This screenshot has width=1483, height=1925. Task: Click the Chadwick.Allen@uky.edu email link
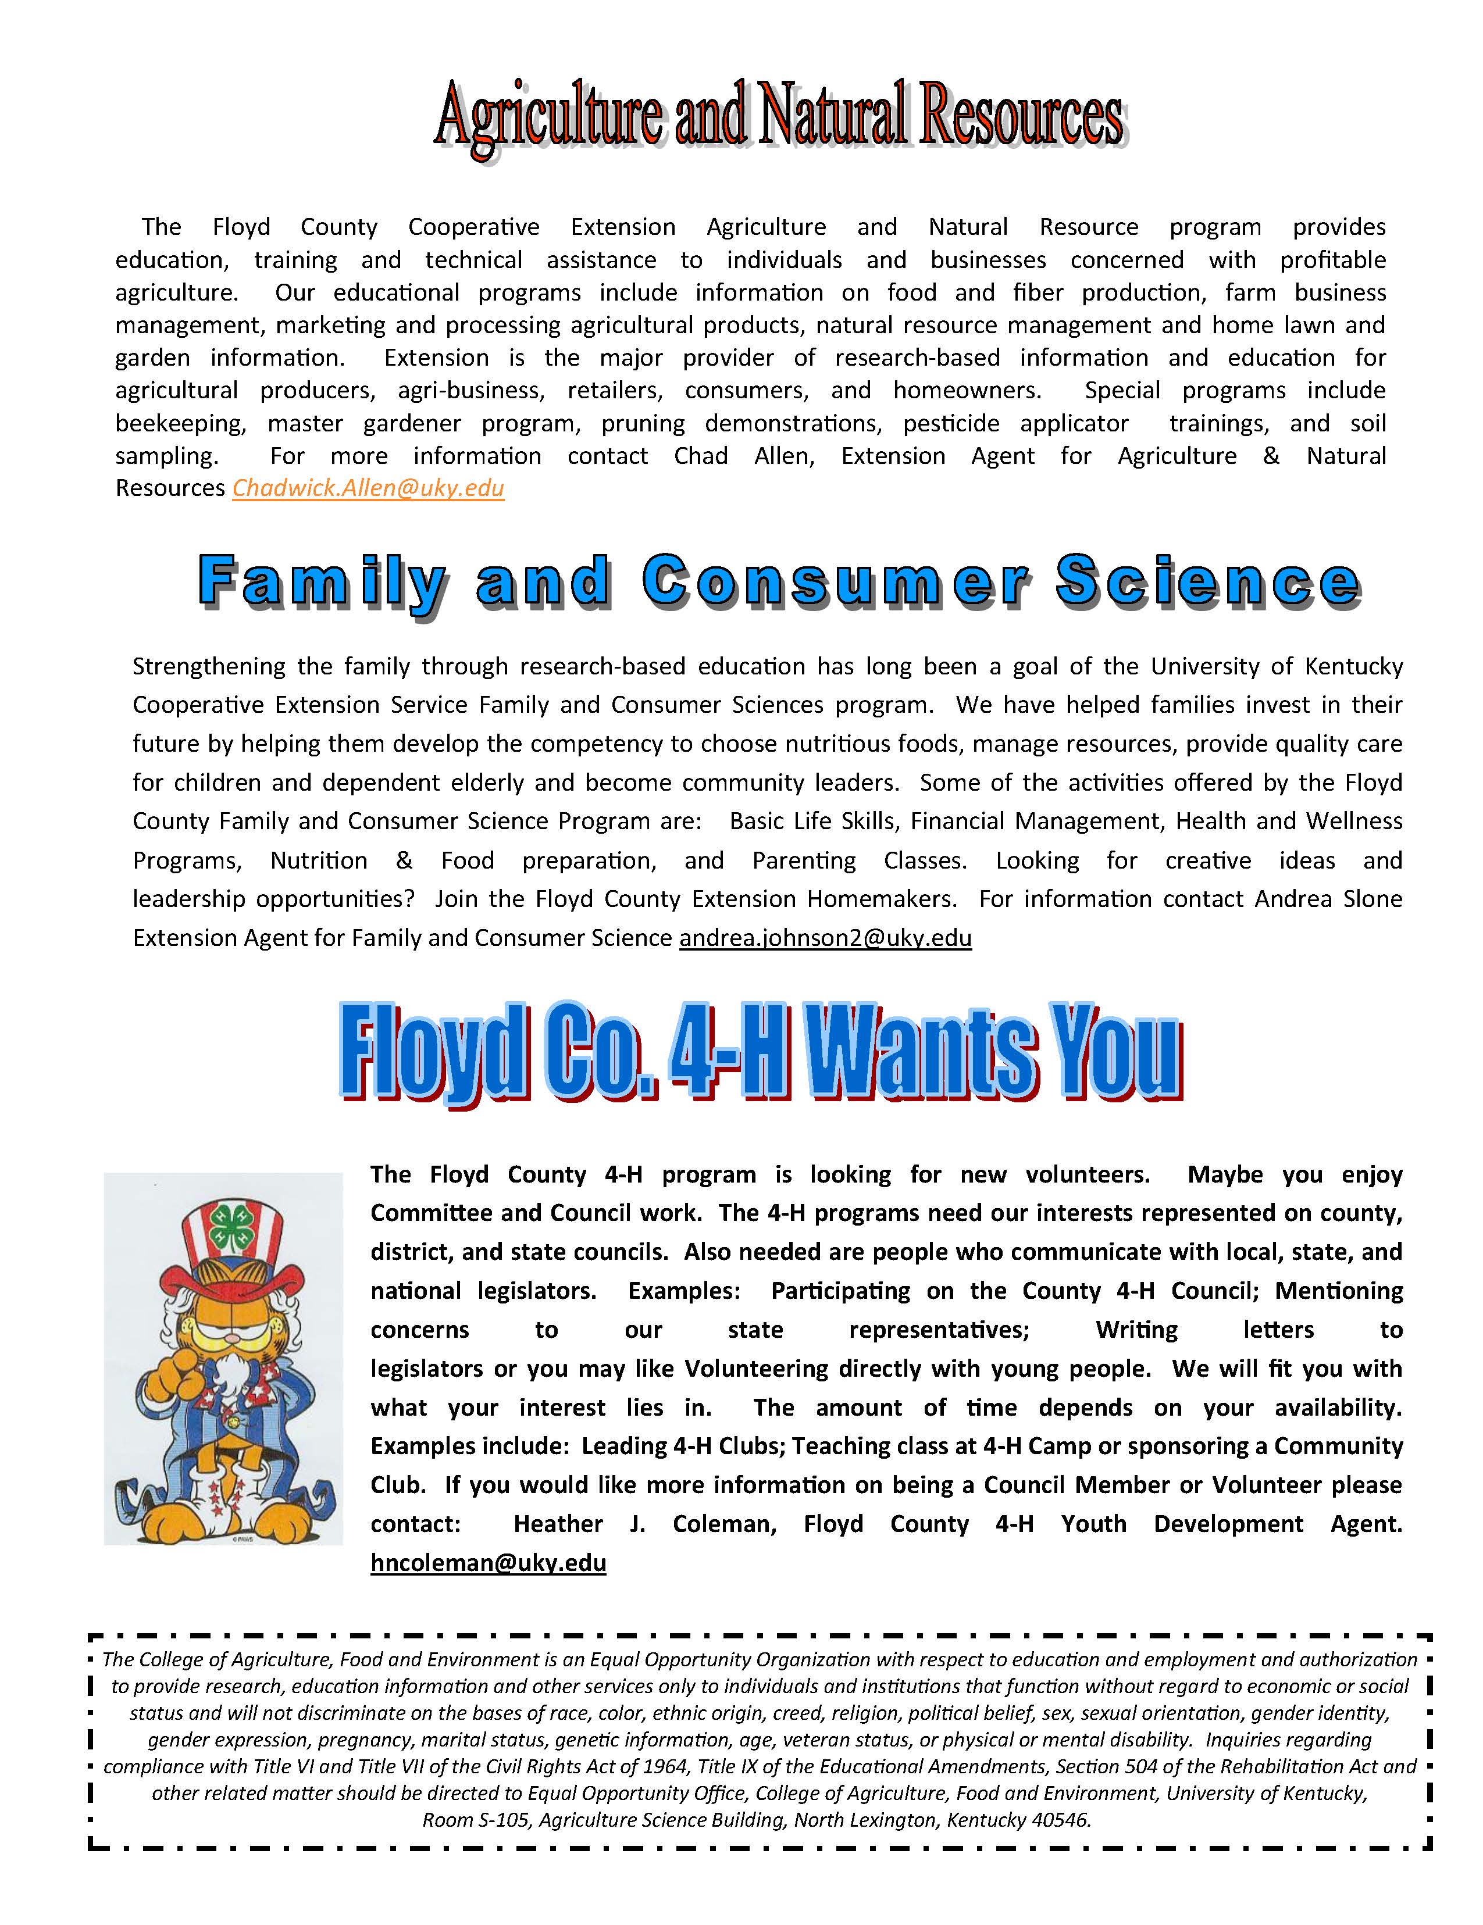point(368,488)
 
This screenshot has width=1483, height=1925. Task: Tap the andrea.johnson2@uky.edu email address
point(825,938)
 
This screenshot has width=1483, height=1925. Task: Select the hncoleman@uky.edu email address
point(487,1563)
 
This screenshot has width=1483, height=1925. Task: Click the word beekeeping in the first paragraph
point(180,424)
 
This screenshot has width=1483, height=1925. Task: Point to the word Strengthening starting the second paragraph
point(209,666)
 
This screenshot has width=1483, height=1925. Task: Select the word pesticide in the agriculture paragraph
point(950,424)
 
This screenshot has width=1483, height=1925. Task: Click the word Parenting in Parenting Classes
point(803,860)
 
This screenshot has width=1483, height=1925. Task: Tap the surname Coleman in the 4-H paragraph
point(724,1524)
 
